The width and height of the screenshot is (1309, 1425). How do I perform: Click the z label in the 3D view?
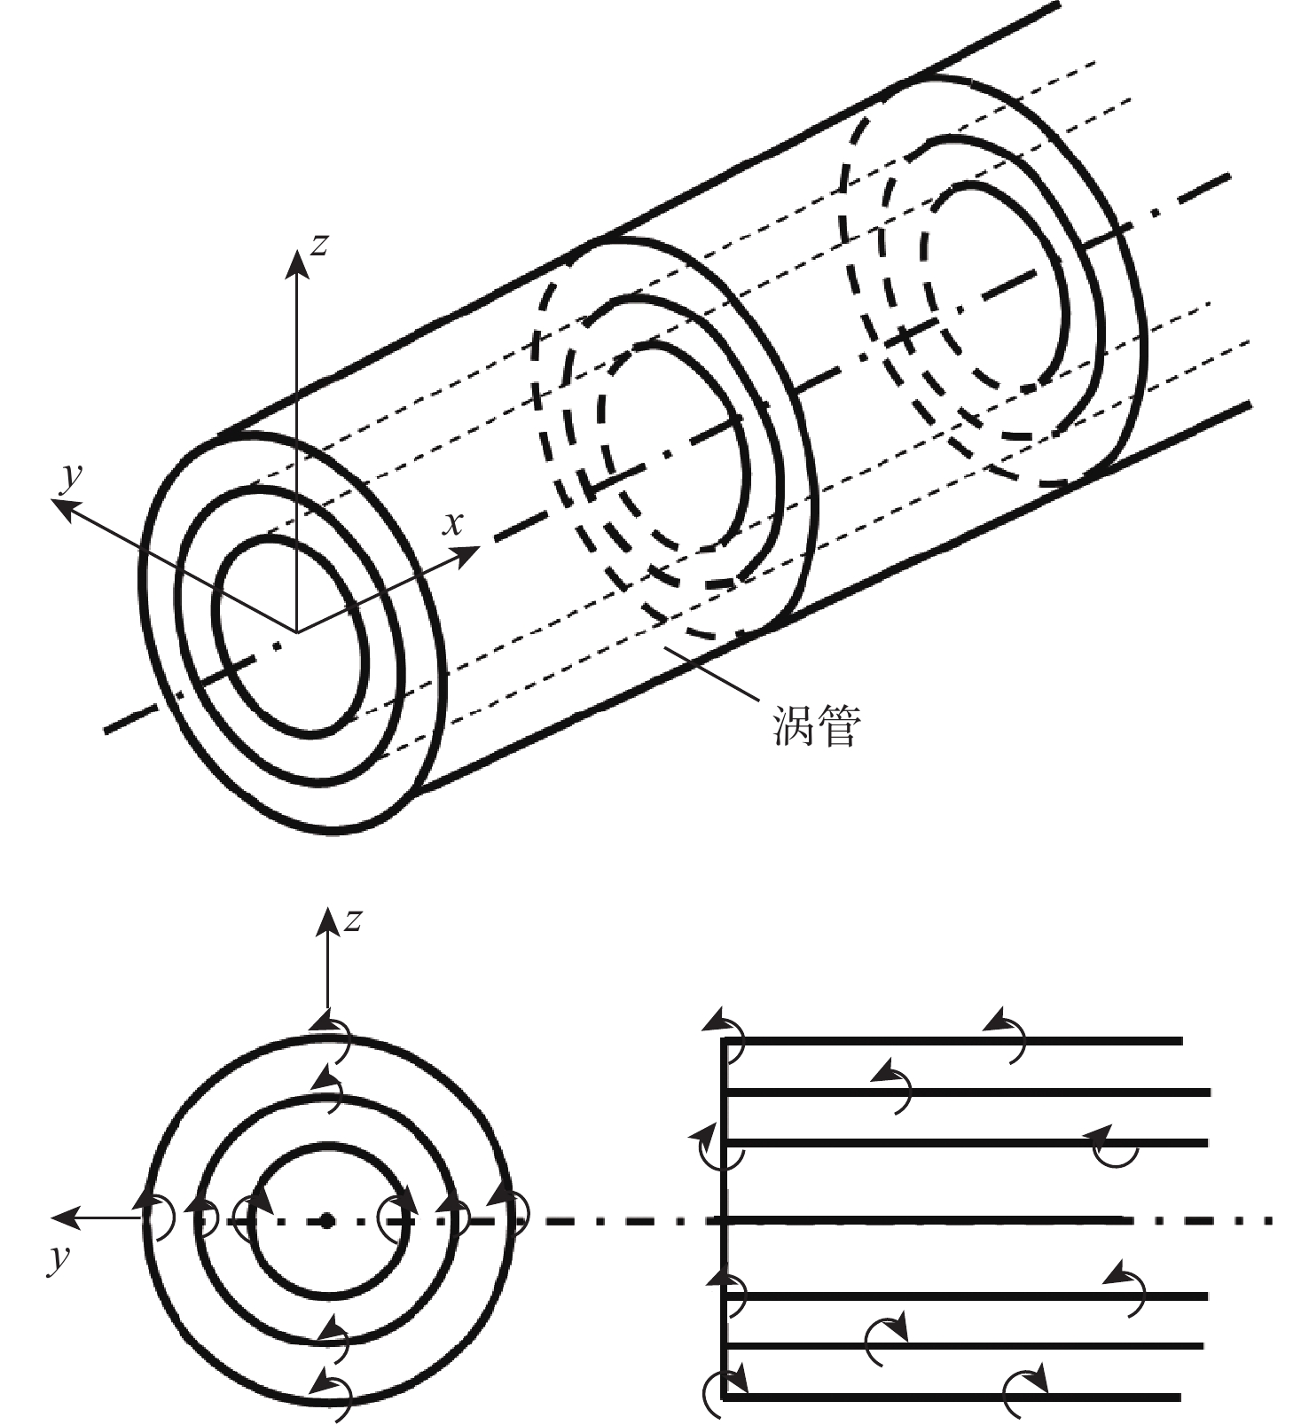pyautogui.click(x=319, y=243)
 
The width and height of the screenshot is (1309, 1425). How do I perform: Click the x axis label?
pyautogui.click(x=453, y=524)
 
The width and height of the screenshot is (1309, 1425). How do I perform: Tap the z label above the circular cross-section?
pyautogui.click(x=353, y=920)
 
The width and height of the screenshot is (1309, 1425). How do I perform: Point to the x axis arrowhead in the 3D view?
pyautogui.click(x=467, y=554)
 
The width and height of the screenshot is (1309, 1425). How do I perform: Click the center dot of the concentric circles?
pyautogui.click(x=327, y=1221)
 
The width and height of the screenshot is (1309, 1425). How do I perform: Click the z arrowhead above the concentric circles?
pyautogui.click(x=328, y=921)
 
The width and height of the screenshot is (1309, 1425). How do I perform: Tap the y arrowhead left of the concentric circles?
pyautogui.click(x=60, y=1221)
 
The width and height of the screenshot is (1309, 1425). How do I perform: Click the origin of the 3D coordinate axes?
pyautogui.click(x=296, y=632)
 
